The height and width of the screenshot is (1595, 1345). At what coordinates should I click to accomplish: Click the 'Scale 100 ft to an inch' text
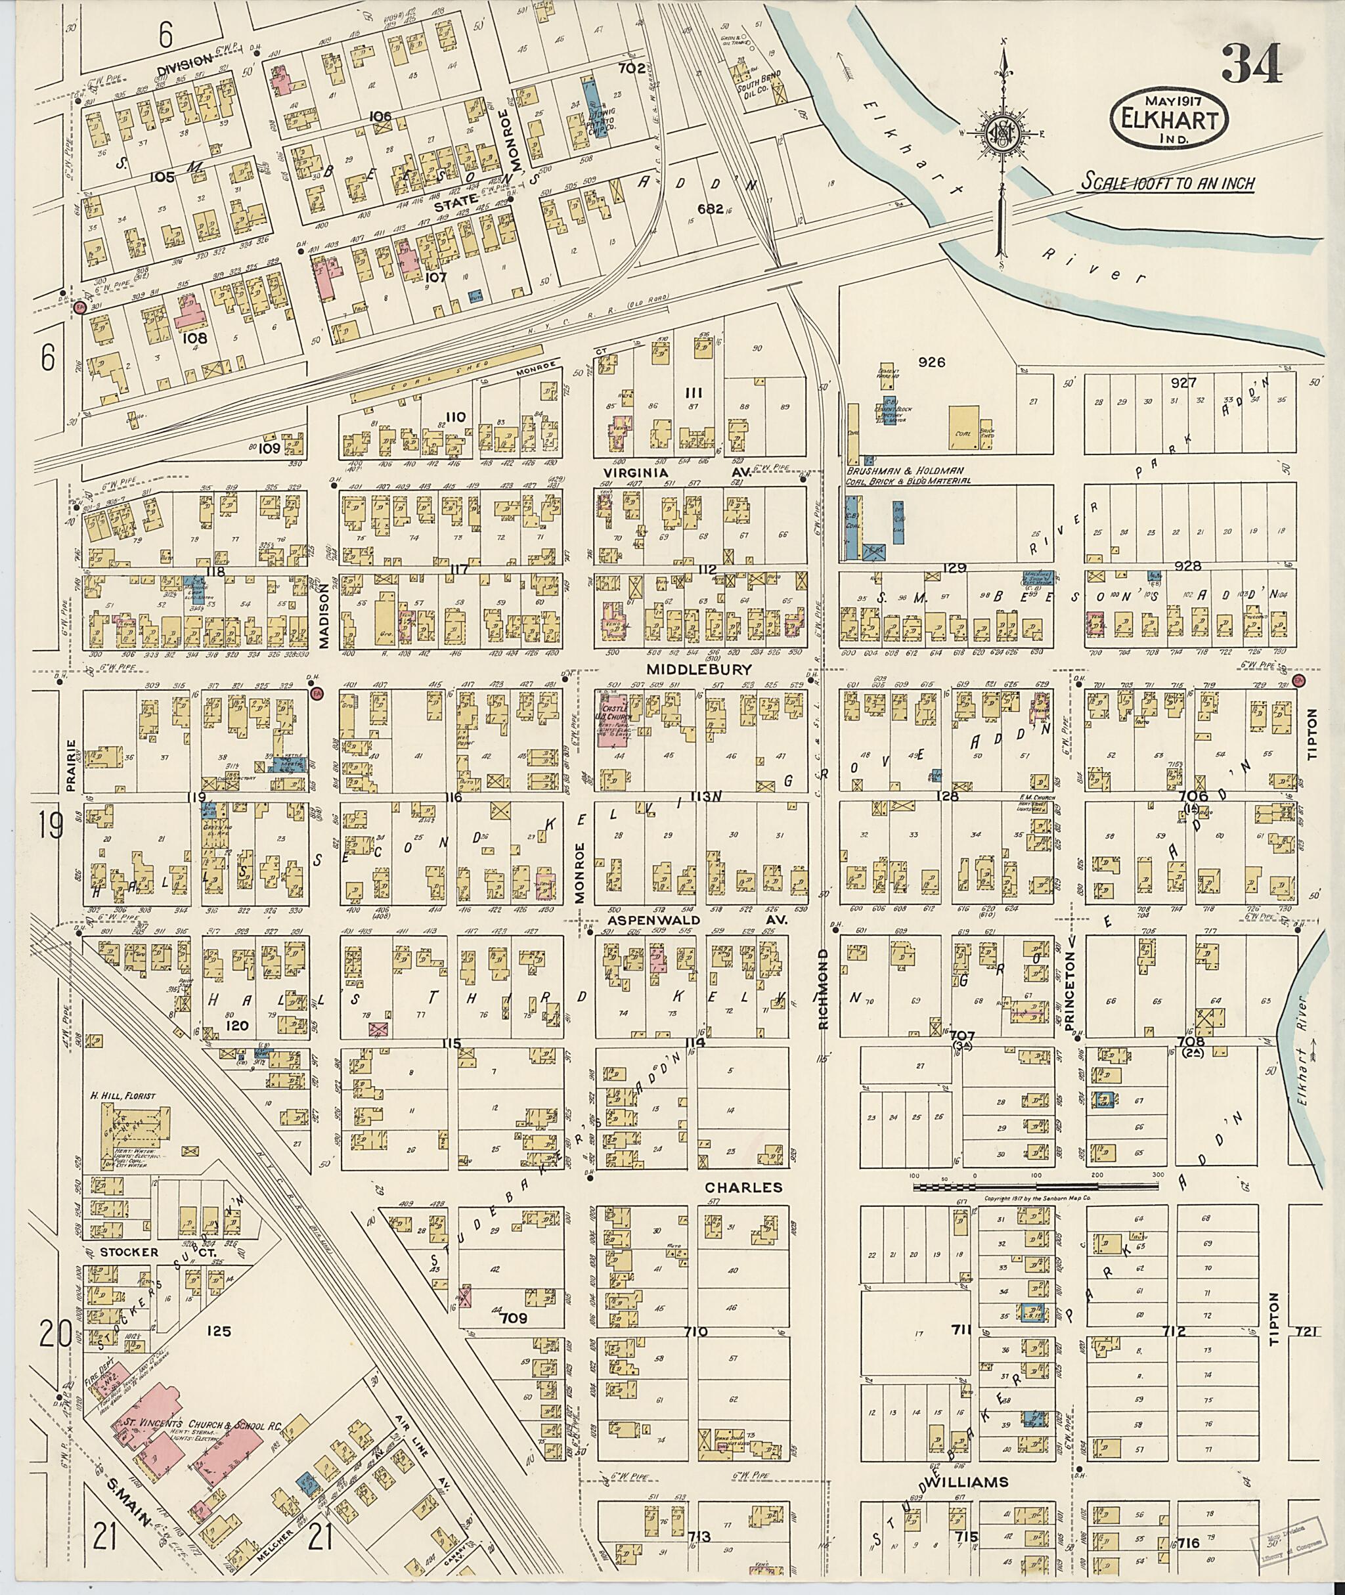1166,183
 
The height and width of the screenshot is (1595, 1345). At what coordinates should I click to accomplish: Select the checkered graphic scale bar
1036,1185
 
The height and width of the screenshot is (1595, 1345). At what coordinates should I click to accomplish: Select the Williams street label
965,1482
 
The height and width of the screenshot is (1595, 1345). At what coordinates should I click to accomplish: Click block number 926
932,362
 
